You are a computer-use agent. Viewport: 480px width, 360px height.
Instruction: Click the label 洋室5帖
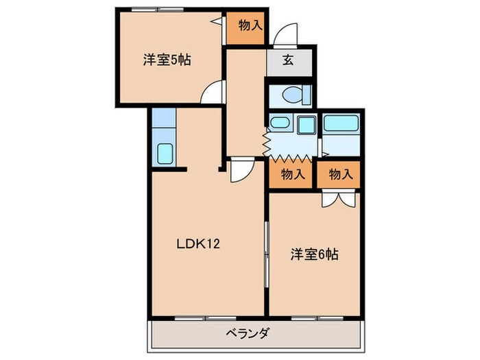pos(167,60)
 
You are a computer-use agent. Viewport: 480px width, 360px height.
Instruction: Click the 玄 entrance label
pos(288,60)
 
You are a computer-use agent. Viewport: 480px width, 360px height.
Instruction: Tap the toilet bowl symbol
pos(291,95)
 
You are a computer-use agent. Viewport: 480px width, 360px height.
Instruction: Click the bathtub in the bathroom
pos(341,123)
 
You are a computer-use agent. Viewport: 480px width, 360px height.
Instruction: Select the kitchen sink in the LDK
pos(165,154)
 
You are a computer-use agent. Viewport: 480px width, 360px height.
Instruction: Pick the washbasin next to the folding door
pos(279,124)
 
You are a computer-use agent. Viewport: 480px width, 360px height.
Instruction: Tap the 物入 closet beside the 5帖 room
pos(250,26)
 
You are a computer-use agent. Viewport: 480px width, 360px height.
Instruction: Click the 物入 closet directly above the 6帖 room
pos(340,174)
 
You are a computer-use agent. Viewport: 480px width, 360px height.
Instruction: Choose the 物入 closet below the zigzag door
pos(292,174)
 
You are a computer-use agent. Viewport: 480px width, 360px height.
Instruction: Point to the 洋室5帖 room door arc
pos(215,91)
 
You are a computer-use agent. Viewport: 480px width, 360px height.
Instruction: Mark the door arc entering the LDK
pos(241,169)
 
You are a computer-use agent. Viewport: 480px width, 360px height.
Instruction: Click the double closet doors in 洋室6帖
pos(340,198)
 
